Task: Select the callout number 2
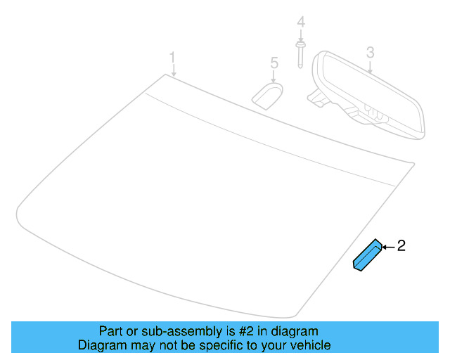[x=401, y=245]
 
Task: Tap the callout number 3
[x=370, y=51]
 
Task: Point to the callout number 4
[x=301, y=22]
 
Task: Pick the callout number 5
[x=274, y=64]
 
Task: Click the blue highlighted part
[x=367, y=256]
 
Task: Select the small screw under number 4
[x=301, y=54]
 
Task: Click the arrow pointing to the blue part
[x=388, y=246]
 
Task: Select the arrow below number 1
[x=173, y=70]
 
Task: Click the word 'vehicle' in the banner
[x=309, y=345]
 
